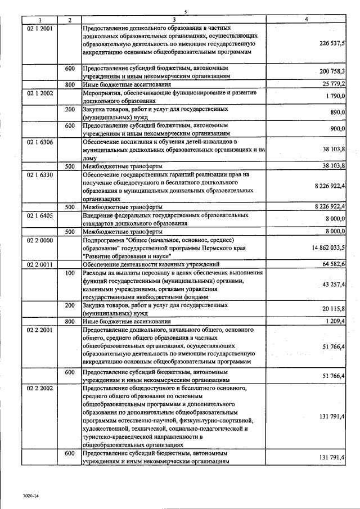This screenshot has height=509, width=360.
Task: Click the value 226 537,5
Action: point(332,42)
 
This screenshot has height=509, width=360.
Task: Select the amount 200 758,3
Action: point(332,71)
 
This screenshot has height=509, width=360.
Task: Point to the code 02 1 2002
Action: point(40,93)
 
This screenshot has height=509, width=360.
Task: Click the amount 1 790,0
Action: point(336,96)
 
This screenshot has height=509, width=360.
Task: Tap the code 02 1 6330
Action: point(40,175)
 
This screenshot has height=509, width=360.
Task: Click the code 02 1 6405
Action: point(40,215)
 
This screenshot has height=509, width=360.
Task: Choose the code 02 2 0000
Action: point(40,240)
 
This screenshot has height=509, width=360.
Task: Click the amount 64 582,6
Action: point(334,264)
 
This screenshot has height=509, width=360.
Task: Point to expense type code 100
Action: point(70,273)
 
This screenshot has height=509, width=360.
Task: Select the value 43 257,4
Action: point(334,285)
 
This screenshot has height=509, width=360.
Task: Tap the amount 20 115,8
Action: point(334,309)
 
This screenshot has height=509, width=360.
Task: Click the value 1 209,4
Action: point(336,321)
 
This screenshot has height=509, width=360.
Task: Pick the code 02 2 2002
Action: point(40,388)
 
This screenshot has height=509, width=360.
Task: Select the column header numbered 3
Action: point(174,20)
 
